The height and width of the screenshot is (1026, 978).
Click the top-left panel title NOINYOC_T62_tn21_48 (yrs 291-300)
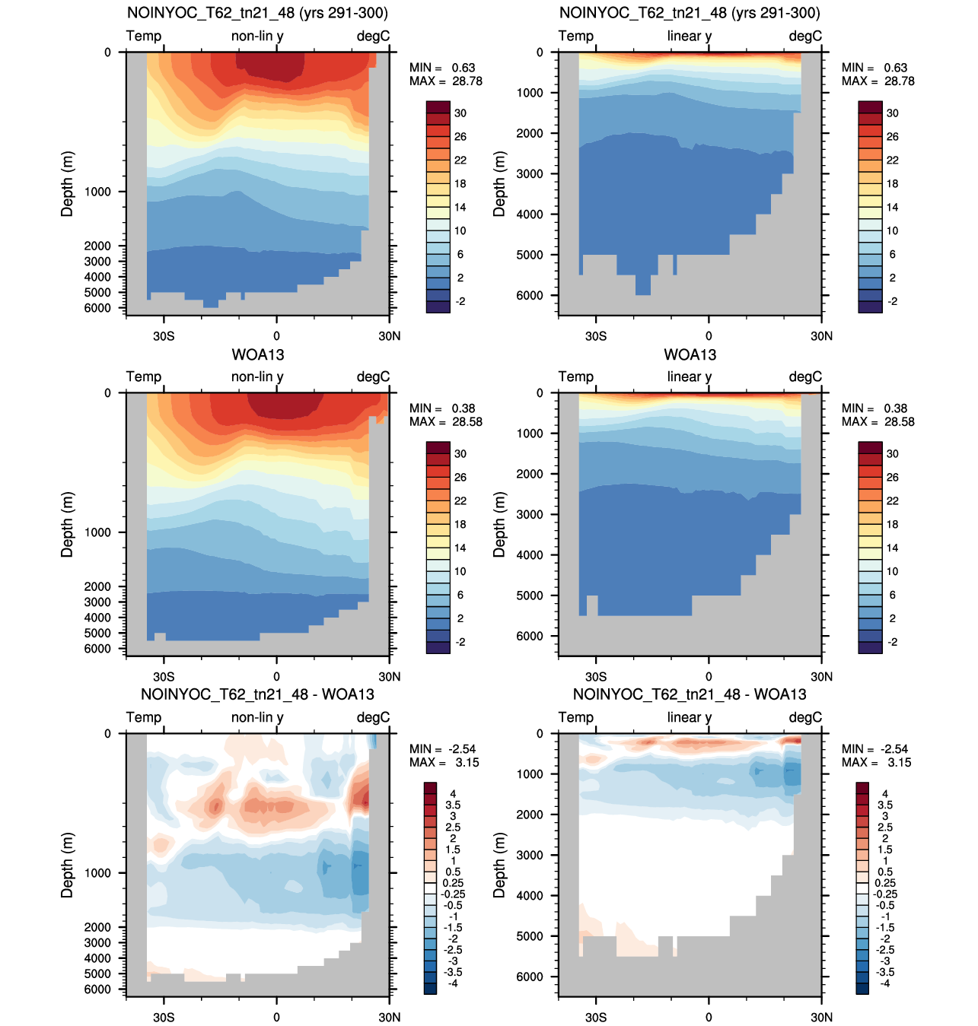257,13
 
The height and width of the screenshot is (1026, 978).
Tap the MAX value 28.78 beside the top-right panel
899,81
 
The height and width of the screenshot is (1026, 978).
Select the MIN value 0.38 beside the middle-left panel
464,408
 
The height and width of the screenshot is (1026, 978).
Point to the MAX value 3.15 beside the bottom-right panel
899,762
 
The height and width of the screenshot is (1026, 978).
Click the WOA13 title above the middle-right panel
690,355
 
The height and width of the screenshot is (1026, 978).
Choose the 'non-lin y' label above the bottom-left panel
257,717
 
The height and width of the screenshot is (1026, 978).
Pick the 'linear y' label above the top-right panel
689,36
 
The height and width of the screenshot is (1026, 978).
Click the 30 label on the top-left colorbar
460,113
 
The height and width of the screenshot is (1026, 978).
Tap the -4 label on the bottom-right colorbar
884,983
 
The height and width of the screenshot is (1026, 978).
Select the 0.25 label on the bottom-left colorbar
453,883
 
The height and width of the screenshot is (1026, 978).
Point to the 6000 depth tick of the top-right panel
529,295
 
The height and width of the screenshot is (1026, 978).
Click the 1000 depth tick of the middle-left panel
97,532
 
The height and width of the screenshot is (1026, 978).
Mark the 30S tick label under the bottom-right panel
596,1017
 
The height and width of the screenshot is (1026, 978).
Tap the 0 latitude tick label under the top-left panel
276,336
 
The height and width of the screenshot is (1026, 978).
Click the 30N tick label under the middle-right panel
821,677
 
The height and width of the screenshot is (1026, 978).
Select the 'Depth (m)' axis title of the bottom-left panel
67,866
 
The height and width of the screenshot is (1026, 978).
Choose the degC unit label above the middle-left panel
373,376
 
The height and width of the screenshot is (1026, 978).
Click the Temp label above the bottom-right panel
575,717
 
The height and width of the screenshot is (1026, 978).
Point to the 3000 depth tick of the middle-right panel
529,515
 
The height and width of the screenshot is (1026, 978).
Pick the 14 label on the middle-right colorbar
892,548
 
